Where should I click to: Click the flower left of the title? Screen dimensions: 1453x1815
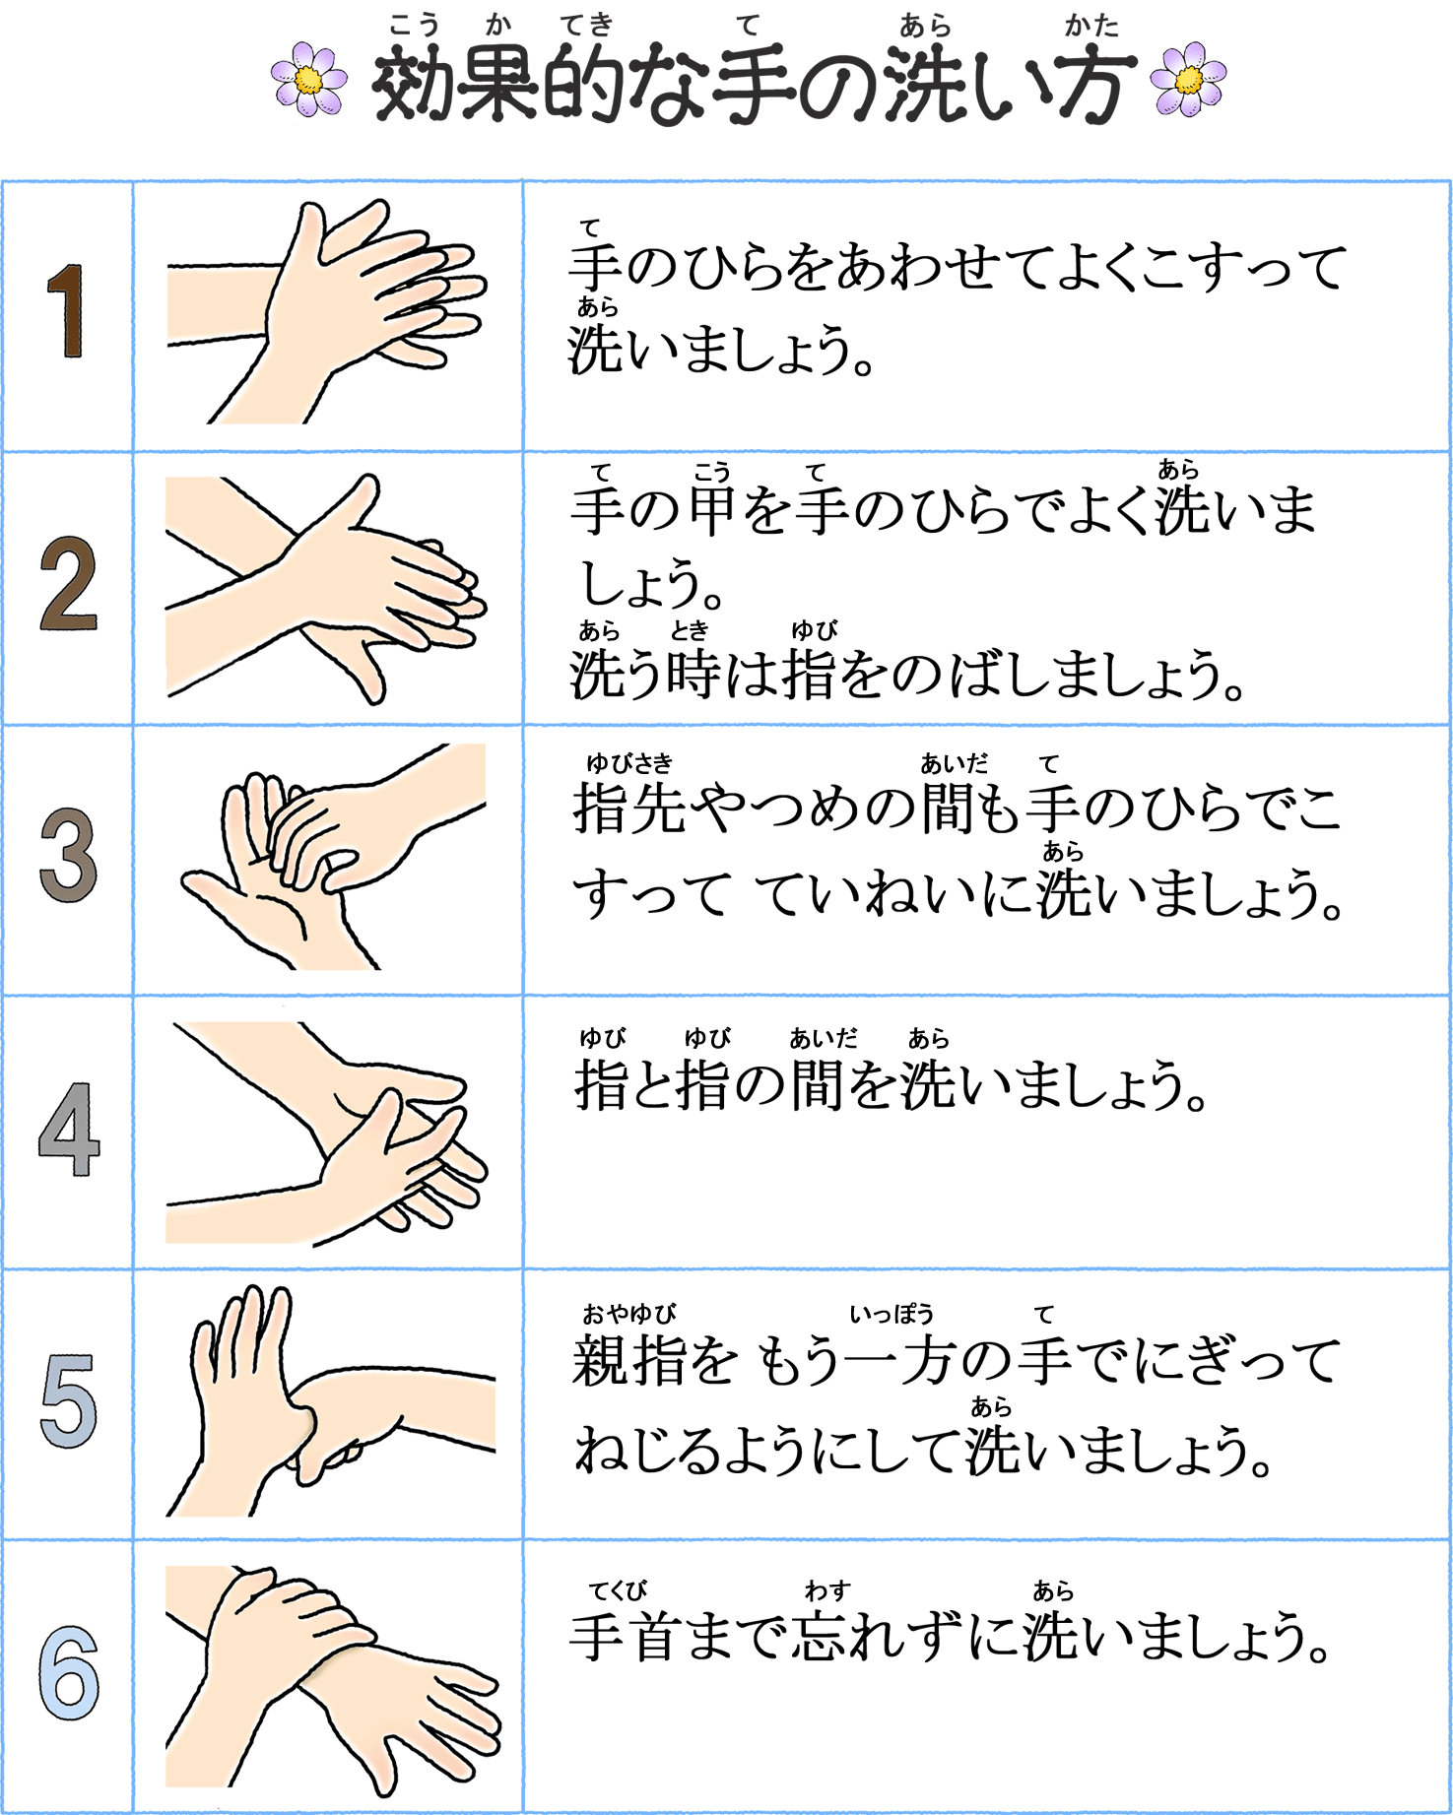click(x=308, y=79)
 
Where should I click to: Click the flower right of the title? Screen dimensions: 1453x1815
click(x=1188, y=79)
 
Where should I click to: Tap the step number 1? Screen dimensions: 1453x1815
click(x=66, y=310)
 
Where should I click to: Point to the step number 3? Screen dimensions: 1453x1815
click(x=68, y=855)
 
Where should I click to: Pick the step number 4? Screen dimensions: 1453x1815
click(x=69, y=1129)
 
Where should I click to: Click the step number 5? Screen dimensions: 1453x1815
click(x=68, y=1401)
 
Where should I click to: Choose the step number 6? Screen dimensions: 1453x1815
click(x=69, y=1673)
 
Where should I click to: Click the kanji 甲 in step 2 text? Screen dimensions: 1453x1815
click(x=711, y=510)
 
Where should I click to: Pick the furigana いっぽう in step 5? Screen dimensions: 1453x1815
click(x=892, y=1314)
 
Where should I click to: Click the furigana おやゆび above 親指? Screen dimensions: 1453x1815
click(x=628, y=1314)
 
